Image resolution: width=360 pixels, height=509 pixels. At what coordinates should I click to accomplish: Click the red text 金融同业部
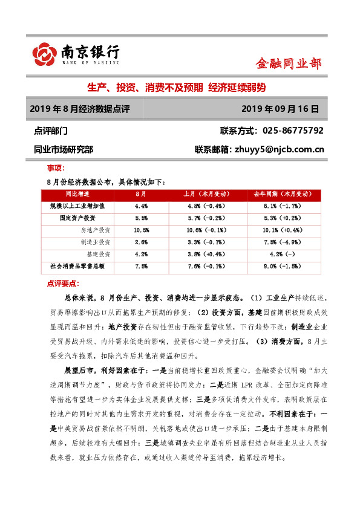point(289,63)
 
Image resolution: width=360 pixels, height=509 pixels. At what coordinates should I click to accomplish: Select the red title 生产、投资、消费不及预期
point(144,88)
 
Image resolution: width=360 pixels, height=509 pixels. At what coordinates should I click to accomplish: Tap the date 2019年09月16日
point(279,109)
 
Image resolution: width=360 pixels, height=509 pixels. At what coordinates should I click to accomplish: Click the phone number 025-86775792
point(290,131)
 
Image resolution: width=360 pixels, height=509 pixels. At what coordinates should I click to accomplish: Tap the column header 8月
point(141,194)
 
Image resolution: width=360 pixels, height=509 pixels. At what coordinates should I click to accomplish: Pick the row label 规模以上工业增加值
point(77,206)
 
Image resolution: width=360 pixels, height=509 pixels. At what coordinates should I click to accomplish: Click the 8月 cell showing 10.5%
point(141,230)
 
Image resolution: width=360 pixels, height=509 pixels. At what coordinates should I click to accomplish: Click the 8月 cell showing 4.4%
point(141,206)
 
